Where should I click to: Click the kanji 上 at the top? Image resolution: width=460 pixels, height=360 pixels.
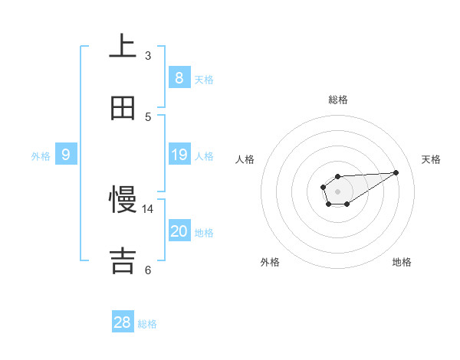pos(123,47)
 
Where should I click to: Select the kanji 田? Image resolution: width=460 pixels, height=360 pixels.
pos(123,108)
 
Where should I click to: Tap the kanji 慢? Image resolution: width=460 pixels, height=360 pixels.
pos(123,200)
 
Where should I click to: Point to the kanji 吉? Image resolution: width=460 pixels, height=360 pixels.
pos(123,261)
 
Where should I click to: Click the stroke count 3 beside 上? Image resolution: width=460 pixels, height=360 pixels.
pos(148,55)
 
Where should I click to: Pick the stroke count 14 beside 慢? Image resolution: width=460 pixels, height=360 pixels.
pos(148,208)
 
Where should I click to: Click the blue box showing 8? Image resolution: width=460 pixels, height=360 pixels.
pos(179,77)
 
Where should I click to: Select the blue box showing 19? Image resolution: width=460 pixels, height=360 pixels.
pos(179,155)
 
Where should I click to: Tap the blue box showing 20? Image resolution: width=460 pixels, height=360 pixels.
pos(179,231)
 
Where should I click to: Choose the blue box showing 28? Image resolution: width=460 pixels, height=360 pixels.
pos(123,322)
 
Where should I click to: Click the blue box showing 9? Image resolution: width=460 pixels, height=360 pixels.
pos(66,155)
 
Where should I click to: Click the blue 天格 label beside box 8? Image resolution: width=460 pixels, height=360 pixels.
pos(204,79)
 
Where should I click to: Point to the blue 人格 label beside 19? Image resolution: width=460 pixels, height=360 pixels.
pos(204,156)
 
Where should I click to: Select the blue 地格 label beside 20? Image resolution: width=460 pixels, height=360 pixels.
pos(204,233)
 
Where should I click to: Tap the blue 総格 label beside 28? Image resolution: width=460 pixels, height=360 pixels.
pos(147,324)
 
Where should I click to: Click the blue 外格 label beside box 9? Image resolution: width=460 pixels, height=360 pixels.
pos(41,156)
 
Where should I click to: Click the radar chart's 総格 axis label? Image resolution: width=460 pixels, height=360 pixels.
pos(338,100)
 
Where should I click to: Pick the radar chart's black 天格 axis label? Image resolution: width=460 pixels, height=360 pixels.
pos(432,159)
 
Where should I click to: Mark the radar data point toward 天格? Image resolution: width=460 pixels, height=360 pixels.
pos(396,172)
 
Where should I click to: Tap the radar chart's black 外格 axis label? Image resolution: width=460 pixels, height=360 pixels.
pos(270,262)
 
